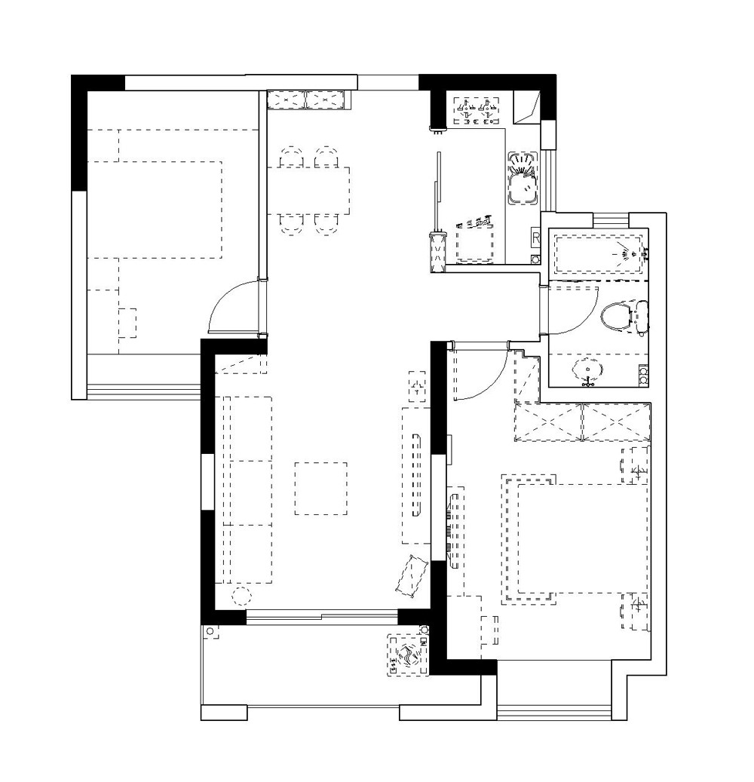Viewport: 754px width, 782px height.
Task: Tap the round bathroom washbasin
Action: (x=588, y=370)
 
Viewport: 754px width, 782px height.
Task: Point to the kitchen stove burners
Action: (x=477, y=111)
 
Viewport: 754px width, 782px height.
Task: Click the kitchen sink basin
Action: (x=523, y=179)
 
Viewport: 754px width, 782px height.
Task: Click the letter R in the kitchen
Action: (x=535, y=238)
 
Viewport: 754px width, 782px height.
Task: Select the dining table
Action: (x=308, y=191)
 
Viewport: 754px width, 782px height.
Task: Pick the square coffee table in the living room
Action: (x=320, y=488)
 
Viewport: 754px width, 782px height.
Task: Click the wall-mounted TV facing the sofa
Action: (x=415, y=475)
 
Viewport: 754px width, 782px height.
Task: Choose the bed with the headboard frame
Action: (x=576, y=538)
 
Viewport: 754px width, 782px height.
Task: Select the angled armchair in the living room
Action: (x=412, y=576)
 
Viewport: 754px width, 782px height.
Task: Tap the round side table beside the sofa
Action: (x=241, y=596)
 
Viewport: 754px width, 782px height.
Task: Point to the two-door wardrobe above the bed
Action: (x=582, y=422)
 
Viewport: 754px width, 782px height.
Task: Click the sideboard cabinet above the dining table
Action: (x=305, y=100)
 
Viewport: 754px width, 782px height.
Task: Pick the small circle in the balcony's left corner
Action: (x=210, y=631)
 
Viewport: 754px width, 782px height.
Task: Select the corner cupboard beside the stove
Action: (x=527, y=107)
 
